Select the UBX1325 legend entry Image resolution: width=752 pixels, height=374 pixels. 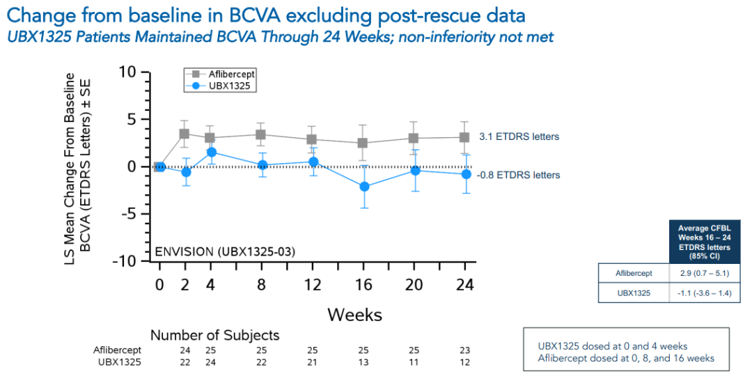[x=217, y=85]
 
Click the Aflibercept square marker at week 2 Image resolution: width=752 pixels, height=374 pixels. [x=185, y=134]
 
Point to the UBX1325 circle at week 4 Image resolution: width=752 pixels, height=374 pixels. [x=211, y=152]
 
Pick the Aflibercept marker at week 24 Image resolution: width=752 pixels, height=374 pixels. [x=465, y=137]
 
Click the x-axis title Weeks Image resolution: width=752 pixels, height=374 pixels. [x=354, y=315]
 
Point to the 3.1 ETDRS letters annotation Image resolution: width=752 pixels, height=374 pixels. [x=519, y=137]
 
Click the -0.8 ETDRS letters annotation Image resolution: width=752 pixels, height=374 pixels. [x=519, y=175]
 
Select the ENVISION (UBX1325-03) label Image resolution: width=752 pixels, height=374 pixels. [x=224, y=251]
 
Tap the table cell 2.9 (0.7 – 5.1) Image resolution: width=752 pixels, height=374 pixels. [x=703, y=274]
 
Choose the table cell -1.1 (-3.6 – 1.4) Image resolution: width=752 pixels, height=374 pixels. [x=703, y=293]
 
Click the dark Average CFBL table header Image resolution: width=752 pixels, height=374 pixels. [x=703, y=241]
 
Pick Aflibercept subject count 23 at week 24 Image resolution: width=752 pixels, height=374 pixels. [x=465, y=350]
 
